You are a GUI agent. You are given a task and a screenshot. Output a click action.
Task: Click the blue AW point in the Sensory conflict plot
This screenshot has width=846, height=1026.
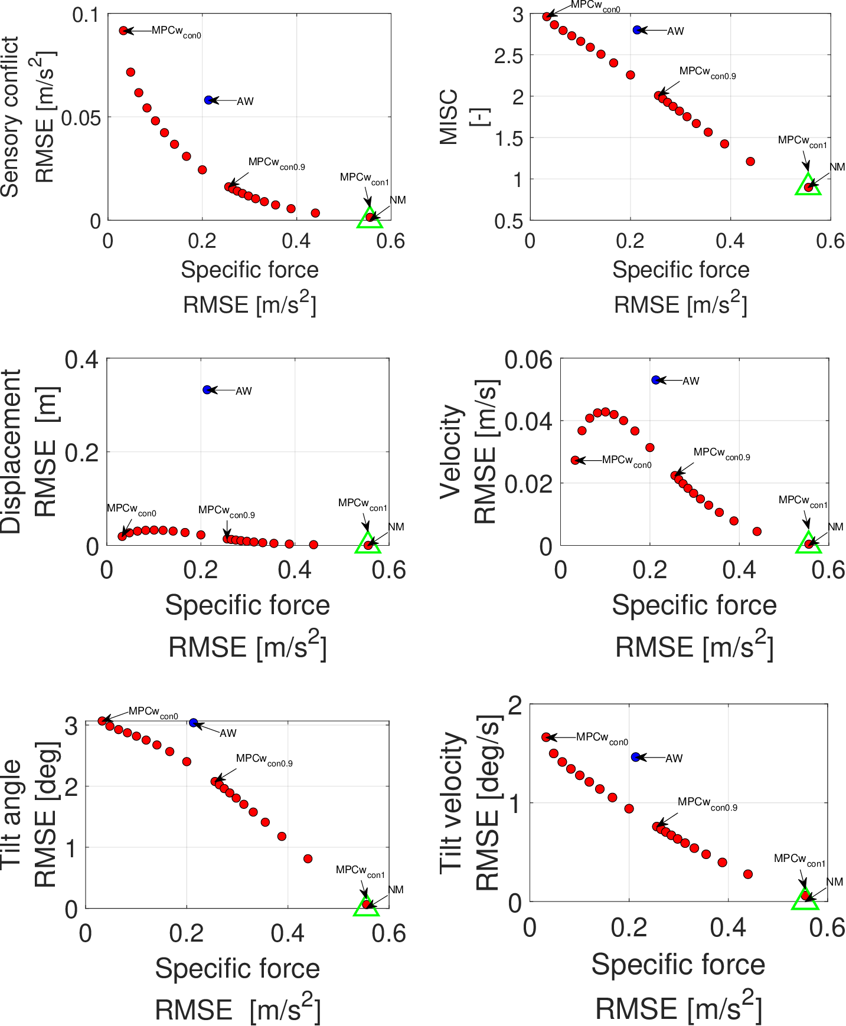[208, 100]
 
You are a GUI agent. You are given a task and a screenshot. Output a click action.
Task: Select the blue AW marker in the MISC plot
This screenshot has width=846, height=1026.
[637, 30]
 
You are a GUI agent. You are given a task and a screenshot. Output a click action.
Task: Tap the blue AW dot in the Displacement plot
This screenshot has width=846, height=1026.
[207, 390]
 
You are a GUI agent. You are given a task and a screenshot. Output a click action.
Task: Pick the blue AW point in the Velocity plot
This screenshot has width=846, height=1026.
[656, 380]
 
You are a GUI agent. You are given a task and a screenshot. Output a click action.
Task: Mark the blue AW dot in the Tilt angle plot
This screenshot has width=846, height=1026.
[194, 723]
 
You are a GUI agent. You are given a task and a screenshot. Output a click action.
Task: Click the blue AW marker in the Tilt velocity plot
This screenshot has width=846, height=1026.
[635, 757]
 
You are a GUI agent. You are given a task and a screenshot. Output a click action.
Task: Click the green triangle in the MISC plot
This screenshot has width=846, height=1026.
[808, 185]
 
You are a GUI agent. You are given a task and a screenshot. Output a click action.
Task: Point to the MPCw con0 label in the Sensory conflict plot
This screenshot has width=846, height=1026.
[176, 32]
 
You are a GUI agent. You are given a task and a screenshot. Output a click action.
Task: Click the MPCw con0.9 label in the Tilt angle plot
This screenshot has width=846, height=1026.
[264, 760]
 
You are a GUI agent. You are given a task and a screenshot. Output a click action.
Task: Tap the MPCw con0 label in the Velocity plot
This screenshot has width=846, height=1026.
[626, 461]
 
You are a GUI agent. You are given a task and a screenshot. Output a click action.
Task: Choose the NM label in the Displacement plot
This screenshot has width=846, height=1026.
[396, 527]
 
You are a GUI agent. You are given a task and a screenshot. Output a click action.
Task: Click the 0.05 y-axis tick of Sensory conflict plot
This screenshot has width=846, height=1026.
[81, 117]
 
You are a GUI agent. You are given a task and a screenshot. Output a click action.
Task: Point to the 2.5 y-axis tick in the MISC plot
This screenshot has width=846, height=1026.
[508, 56]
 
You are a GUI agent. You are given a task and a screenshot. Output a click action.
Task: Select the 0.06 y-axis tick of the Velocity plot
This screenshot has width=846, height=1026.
[528, 360]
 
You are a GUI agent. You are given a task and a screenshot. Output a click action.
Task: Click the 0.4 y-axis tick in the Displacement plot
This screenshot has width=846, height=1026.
[81, 359]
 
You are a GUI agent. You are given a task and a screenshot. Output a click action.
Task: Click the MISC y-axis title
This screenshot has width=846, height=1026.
[449, 117]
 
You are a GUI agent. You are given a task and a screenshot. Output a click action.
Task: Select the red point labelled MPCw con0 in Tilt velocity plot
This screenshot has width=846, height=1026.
[546, 737]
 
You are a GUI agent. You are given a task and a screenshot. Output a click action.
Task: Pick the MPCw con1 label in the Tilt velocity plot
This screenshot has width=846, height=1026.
[799, 860]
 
